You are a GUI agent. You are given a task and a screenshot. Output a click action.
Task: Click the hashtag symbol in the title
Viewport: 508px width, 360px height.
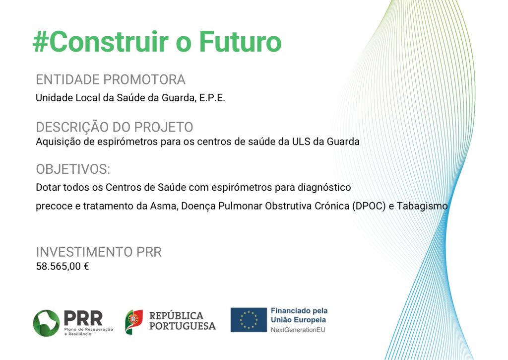point(41,42)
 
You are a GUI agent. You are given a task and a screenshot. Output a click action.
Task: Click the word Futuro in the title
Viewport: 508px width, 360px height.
point(240,42)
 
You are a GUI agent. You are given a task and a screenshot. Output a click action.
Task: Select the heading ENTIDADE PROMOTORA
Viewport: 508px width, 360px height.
point(111,79)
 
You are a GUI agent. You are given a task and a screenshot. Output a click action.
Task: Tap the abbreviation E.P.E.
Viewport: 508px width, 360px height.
point(212,98)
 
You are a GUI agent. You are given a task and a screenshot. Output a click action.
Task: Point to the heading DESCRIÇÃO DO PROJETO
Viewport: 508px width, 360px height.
point(115,127)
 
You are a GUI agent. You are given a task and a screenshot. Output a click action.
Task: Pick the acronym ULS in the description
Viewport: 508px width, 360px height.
point(301,142)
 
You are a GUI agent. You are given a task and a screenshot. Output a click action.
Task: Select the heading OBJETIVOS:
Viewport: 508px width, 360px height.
point(73,169)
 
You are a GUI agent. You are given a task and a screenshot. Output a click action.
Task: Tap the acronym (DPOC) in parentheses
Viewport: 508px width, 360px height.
point(369,206)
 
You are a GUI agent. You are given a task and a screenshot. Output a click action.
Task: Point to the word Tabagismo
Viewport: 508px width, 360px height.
point(422,206)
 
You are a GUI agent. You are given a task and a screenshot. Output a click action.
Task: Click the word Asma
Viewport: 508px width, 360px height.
point(164,206)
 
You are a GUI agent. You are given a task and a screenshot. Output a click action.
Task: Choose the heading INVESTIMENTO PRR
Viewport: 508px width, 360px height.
point(99,252)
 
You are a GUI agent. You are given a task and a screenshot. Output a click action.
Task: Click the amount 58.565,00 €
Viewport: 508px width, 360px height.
point(62,267)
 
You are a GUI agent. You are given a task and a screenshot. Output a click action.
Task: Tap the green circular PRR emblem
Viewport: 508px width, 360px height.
point(46,323)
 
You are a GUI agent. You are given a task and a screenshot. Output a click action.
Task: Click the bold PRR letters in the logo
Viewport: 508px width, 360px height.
point(83,318)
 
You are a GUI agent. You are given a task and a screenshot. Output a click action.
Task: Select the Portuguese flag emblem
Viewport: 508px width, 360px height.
point(134,322)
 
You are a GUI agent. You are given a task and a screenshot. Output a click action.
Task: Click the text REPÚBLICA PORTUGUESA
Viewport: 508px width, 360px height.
point(183,321)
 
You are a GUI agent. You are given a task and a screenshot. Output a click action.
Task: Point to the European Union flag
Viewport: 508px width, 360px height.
point(249,320)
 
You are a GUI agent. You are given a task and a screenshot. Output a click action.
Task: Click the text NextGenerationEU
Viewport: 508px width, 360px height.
point(298,330)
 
